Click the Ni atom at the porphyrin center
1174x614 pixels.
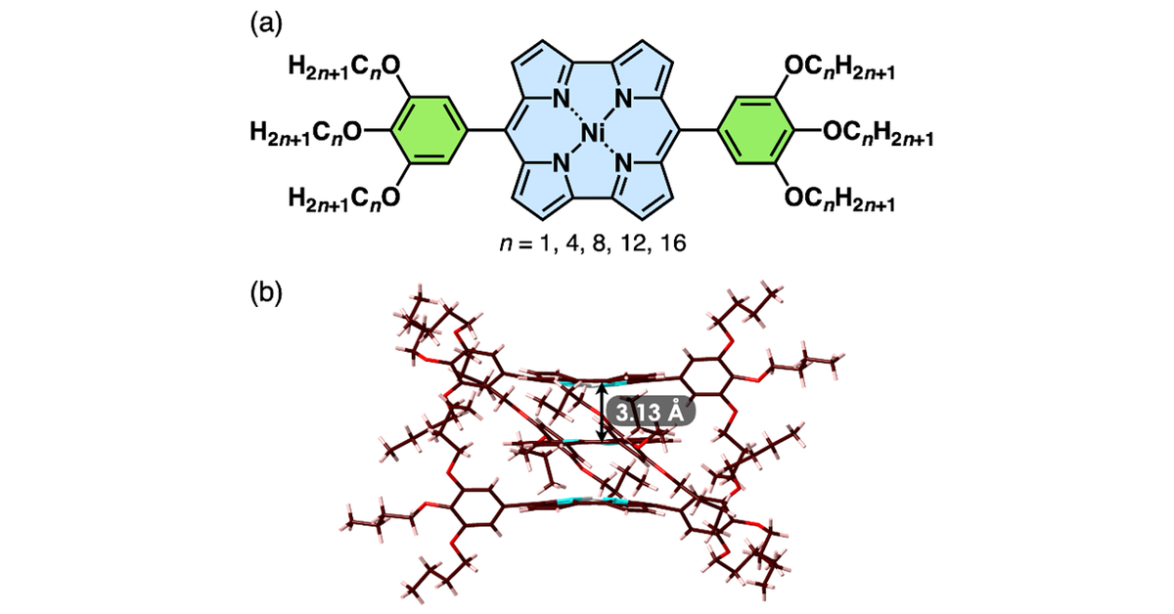coord(593,132)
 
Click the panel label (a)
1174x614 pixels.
coord(266,24)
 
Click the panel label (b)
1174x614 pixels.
coord(266,292)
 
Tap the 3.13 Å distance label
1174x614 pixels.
coord(651,413)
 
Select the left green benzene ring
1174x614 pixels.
coord(429,130)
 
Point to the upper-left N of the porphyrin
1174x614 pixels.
coord(562,98)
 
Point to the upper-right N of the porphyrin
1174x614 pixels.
coord(624,98)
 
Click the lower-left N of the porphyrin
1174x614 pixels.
coord(562,164)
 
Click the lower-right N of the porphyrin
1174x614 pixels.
coord(624,164)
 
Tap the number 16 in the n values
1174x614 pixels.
coord(673,243)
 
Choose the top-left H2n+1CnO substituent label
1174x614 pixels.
coord(344,68)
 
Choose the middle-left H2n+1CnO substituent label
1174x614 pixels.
coord(305,133)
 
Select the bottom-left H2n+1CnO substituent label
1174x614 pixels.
coord(344,198)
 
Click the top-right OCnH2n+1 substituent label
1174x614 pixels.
coord(839,68)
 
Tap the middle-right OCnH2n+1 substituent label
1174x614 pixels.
coord(879,133)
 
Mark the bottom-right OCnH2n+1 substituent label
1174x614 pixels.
coord(839,198)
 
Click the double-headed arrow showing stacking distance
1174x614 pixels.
coord(603,413)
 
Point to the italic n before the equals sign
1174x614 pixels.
coord(506,244)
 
